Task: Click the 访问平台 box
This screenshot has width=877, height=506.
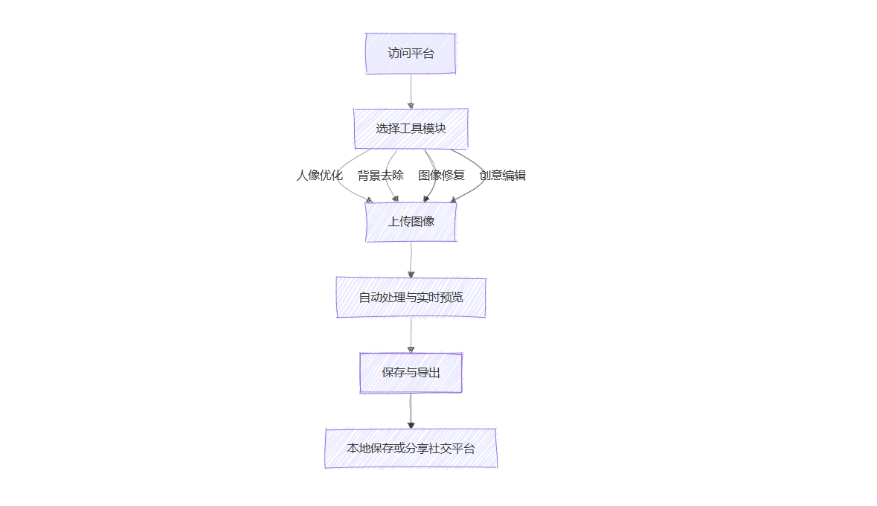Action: click(x=411, y=53)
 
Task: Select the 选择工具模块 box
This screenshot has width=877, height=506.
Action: click(x=411, y=129)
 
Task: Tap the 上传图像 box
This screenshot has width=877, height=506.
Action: click(x=411, y=222)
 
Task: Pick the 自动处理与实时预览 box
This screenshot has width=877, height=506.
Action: click(x=411, y=297)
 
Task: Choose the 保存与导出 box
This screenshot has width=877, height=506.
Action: click(x=411, y=373)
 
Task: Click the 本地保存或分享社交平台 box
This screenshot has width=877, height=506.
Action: click(x=411, y=449)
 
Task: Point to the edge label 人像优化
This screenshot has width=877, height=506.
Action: click(x=319, y=175)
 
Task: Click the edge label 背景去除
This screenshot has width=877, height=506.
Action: click(x=380, y=175)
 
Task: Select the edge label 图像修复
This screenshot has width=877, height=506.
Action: click(x=441, y=175)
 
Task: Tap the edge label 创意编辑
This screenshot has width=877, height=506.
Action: click(x=502, y=175)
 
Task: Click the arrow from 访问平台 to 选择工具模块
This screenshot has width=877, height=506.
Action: click(x=411, y=92)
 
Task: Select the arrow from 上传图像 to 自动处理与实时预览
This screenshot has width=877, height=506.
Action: click(x=411, y=260)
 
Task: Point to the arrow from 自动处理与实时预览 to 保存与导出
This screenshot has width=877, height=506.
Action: click(x=411, y=336)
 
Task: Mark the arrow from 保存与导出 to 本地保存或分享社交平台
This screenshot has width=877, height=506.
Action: click(x=411, y=411)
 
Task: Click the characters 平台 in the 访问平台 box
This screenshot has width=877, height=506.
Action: click(x=423, y=53)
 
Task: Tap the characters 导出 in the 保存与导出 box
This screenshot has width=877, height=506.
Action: click(x=428, y=373)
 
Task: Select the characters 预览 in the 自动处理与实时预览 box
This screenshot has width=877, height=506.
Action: click(x=452, y=297)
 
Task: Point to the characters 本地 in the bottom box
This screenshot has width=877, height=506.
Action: click(x=359, y=449)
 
